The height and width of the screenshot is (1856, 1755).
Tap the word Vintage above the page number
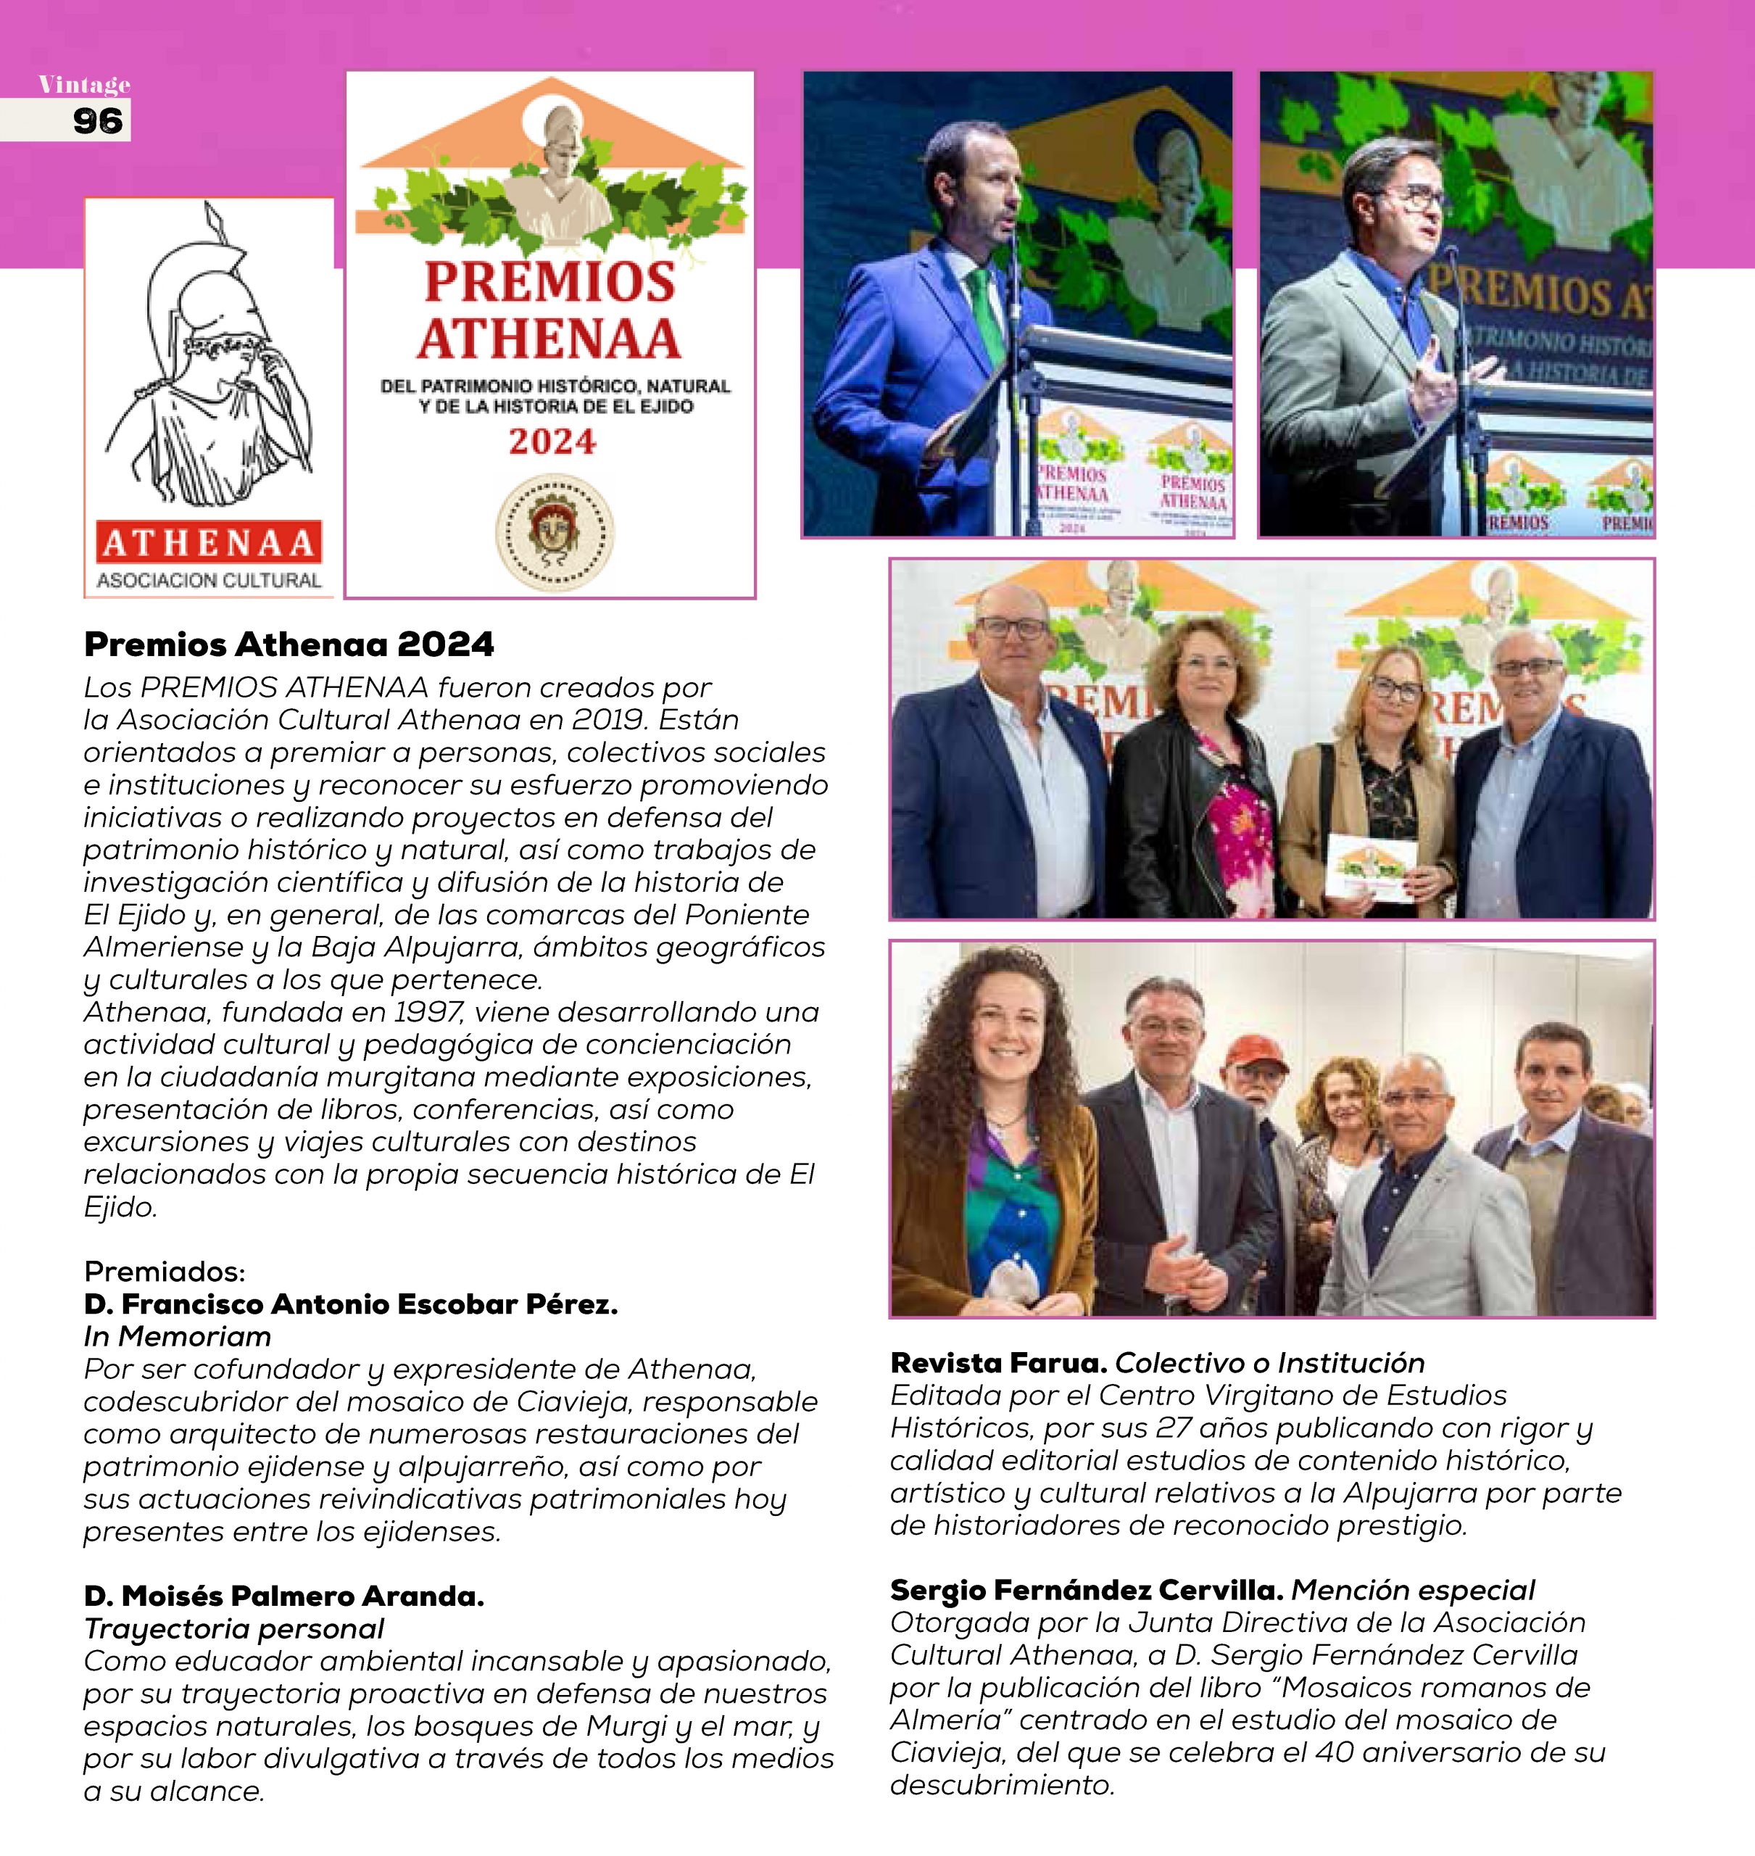click(84, 85)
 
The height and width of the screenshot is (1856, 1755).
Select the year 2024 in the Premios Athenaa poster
click(552, 442)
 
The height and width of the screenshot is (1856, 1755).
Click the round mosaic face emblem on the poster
click(554, 533)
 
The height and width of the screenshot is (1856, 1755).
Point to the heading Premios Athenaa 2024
click(289, 645)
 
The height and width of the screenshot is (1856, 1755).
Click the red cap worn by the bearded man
click(1253, 1050)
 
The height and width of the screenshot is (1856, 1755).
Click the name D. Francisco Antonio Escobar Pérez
click(351, 1304)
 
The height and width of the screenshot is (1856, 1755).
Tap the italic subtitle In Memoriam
click(178, 1336)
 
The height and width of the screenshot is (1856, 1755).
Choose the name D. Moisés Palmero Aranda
click(284, 1596)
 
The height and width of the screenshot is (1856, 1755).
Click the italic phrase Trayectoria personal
click(234, 1628)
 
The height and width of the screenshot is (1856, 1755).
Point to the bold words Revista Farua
click(998, 1363)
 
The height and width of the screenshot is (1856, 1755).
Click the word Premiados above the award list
click(165, 1272)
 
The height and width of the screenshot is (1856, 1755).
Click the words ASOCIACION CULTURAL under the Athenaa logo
click(209, 580)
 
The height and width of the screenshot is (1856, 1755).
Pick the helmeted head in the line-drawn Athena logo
click(210, 309)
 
